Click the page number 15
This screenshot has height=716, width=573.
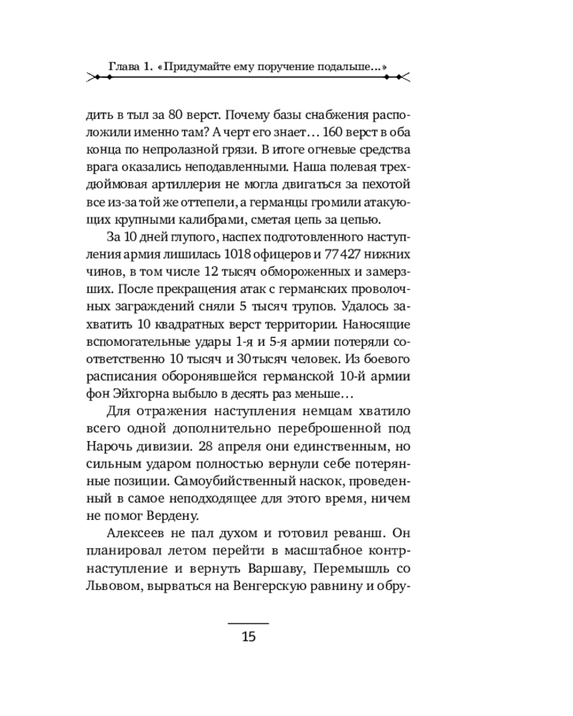[249, 637]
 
